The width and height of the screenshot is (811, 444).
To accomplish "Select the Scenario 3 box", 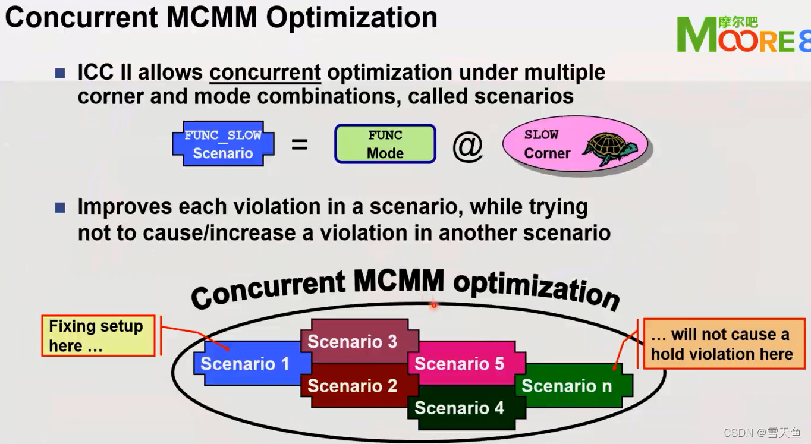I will coord(352,342).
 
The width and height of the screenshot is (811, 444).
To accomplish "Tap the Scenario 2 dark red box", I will coord(352,386).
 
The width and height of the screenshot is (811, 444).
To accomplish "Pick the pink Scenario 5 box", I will coord(459,363).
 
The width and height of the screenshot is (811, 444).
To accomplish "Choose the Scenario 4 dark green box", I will coord(459,408).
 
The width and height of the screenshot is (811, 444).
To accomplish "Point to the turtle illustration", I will coord(609,147).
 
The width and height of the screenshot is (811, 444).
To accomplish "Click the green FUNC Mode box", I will coord(385,144).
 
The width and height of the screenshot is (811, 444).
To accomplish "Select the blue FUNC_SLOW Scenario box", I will coord(223,144).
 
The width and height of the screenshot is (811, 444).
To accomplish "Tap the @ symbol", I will coord(467,146).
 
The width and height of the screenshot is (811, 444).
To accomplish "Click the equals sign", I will coord(300,144).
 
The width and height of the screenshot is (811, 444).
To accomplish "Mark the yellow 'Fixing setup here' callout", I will coord(98,336).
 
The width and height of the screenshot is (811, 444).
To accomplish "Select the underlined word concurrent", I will coord(265,73).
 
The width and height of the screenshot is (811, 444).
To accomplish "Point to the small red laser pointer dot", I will coord(434,306).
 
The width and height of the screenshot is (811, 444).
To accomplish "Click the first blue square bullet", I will coord(60,73).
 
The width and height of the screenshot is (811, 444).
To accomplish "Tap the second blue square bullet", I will coord(60,207).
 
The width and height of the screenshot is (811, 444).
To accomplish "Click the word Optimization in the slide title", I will coord(351,17).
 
